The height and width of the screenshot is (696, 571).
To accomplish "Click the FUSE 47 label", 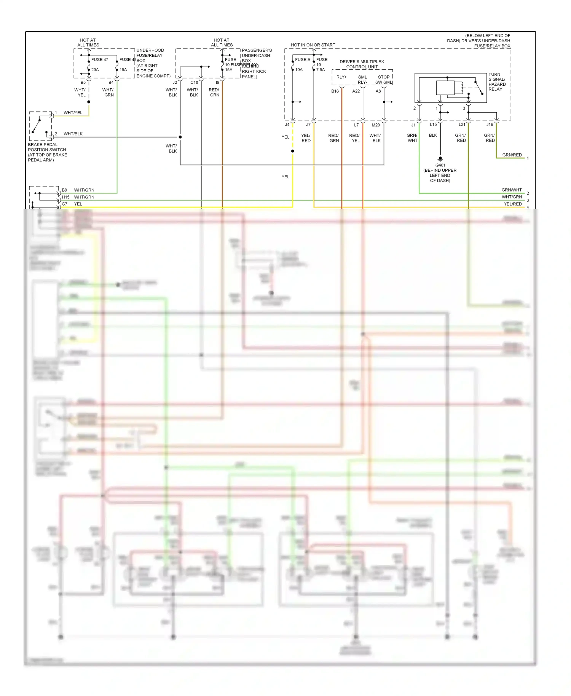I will (x=99, y=59).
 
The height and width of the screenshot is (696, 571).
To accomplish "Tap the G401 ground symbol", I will (x=440, y=158).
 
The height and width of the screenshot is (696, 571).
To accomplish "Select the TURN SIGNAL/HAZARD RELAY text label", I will (x=497, y=82).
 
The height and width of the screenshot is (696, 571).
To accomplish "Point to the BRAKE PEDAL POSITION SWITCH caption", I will (x=47, y=152).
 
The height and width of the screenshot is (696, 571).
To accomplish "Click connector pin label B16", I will (x=335, y=91).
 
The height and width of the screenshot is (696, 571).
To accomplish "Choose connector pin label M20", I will (x=375, y=125).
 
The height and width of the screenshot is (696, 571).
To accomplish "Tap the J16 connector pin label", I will (x=490, y=125).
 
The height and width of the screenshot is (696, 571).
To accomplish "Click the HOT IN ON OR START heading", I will (x=313, y=45).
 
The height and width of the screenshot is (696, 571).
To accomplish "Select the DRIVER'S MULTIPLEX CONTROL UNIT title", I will (x=362, y=64).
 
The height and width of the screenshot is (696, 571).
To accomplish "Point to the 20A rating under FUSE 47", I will (x=95, y=70).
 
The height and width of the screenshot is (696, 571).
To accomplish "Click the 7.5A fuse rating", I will (x=321, y=70).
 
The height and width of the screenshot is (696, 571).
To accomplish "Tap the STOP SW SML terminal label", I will (x=383, y=80).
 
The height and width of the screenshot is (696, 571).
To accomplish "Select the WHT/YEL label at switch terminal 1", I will (x=73, y=113).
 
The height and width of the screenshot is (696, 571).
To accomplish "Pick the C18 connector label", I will (x=194, y=82).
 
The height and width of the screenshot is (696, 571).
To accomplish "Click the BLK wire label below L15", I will (x=433, y=135).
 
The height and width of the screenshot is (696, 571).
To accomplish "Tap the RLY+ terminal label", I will (x=341, y=77).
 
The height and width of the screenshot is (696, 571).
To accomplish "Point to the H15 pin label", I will (x=65, y=197).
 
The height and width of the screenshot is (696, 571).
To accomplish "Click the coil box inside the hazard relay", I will (x=445, y=88).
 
